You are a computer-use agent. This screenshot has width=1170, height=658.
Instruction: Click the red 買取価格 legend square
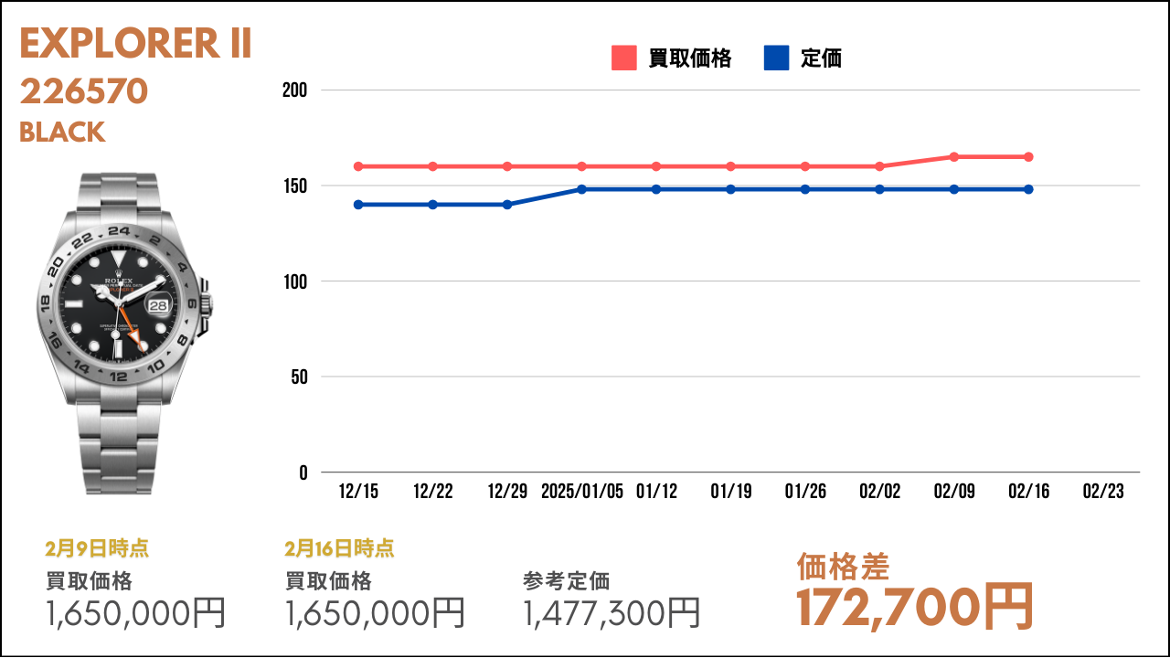point(624,58)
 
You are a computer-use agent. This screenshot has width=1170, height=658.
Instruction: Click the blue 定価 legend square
point(776,58)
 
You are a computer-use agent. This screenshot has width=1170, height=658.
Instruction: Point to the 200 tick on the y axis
point(294,90)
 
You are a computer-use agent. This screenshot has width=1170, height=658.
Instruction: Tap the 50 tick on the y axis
point(299,377)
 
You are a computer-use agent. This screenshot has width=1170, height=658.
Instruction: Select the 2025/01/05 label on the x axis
point(582,492)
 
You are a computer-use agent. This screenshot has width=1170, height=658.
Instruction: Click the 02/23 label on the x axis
point(1103,492)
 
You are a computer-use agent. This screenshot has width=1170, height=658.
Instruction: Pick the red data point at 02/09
point(953,157)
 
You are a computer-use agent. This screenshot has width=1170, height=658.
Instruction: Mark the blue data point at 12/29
point(507,205)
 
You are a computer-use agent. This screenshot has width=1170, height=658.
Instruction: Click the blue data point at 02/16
point(1028,189)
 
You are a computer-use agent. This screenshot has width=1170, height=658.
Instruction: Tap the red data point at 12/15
point(358,166)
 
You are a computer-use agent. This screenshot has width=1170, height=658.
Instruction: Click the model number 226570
point(84,91)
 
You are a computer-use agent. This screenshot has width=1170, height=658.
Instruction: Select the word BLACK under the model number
point(62,133)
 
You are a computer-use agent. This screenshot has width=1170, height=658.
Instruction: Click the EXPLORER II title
point(136,43)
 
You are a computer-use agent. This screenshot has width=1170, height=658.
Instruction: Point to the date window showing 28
point(158,305)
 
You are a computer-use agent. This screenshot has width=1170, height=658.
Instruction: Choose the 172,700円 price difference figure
point(915,607)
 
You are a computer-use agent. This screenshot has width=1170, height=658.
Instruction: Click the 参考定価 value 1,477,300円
point(612,613)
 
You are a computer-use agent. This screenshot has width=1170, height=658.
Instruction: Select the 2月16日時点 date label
point(339,548)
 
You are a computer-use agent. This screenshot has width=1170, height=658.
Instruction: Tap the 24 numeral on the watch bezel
point(119,231)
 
